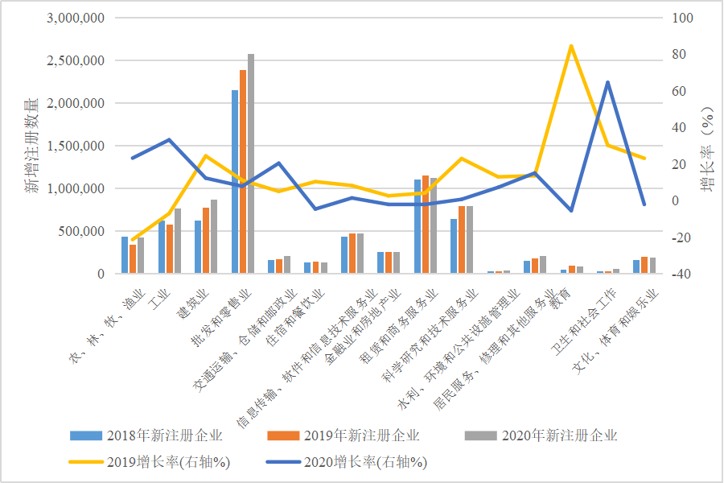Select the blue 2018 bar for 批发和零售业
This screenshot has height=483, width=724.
pyautogui.click(x=235, y=182)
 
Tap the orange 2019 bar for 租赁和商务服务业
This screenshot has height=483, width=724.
pyautogui.click(x=426, y=225)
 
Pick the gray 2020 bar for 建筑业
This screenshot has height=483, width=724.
pyautogui.click(x=213, y=237)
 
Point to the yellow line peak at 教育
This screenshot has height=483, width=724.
pyautogui.click(x=570, y=46)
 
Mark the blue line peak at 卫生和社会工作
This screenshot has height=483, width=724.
pyautogui.click(x=607, y=82)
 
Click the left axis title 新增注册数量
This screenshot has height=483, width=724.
pyautogui.click(x=31, y=146)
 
